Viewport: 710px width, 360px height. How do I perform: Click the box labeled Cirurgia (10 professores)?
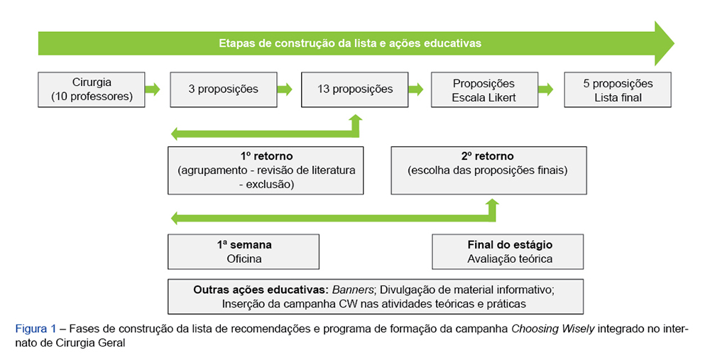(92, 89)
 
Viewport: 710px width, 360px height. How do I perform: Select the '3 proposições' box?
(223, 89)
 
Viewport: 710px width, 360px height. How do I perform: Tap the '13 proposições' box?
(355, 89)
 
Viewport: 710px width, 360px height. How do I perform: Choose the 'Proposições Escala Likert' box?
(484, 89)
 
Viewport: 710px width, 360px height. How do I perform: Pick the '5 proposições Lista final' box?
(618, 89)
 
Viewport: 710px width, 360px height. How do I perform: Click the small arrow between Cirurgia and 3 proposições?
(152, 89)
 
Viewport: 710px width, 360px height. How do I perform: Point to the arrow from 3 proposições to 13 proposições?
(284, 89)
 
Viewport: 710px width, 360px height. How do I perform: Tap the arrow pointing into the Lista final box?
(545, 89)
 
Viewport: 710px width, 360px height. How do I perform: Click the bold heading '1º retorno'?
(266, 156)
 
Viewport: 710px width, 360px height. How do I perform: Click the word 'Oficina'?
(244, 258)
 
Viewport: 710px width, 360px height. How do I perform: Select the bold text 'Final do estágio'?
(510, 245)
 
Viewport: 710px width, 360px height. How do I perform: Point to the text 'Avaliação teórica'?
(510, 258)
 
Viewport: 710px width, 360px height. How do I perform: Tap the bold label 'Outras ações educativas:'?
(261, 290)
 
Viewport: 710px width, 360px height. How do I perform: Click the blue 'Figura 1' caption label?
(34, 328)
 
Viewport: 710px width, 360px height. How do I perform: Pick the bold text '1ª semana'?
(244, 245)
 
